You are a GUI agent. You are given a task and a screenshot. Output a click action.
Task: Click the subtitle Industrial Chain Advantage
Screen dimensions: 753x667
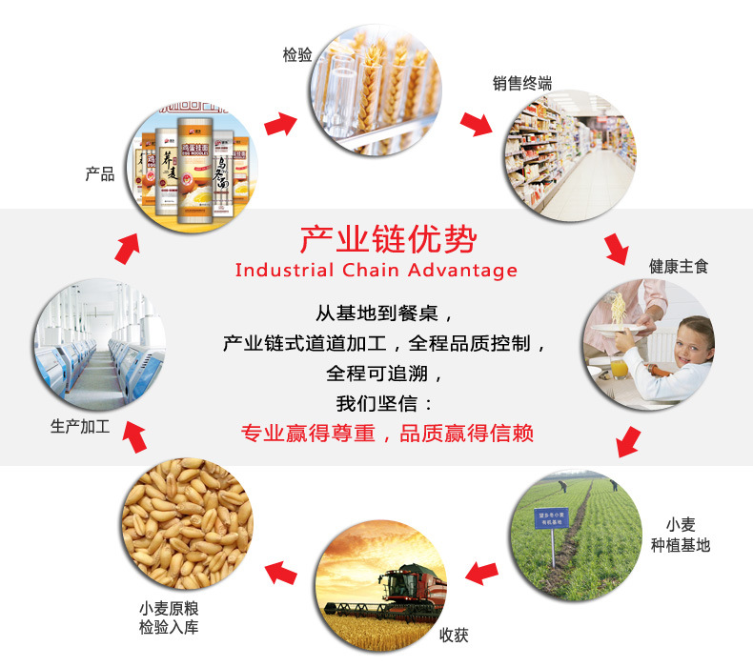(376, 270)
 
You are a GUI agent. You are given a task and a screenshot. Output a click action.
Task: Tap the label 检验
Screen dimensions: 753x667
(297, 55)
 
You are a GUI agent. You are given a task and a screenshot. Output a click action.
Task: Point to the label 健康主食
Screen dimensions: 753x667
(679, 266)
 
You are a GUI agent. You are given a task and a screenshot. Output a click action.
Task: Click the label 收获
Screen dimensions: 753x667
(454, 636)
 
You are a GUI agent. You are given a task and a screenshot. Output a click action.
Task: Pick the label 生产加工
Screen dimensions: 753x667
(80, 428)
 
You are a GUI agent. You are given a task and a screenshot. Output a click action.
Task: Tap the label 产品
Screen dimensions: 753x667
(100, 173)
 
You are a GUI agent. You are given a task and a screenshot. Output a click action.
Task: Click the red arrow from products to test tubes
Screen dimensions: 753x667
(279, 123)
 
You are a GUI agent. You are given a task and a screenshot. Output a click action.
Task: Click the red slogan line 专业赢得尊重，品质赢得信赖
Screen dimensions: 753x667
(387, 434)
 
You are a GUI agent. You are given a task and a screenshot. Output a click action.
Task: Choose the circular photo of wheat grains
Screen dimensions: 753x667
(187, 521)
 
